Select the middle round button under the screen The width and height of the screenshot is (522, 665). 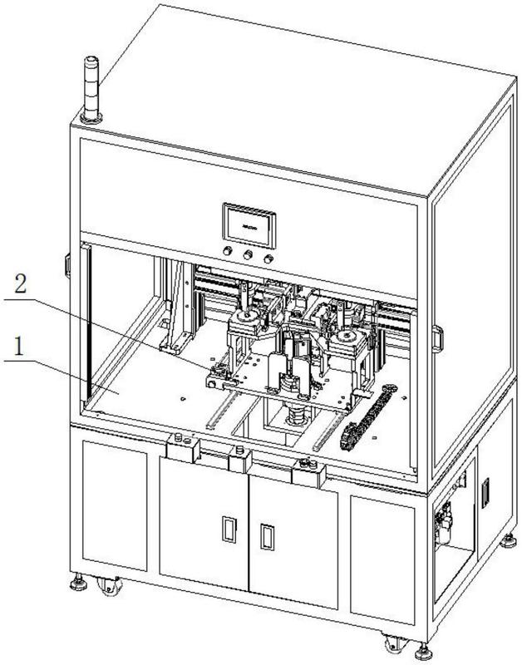pos(247,258)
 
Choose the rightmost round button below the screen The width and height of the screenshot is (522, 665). pos(268,259)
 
